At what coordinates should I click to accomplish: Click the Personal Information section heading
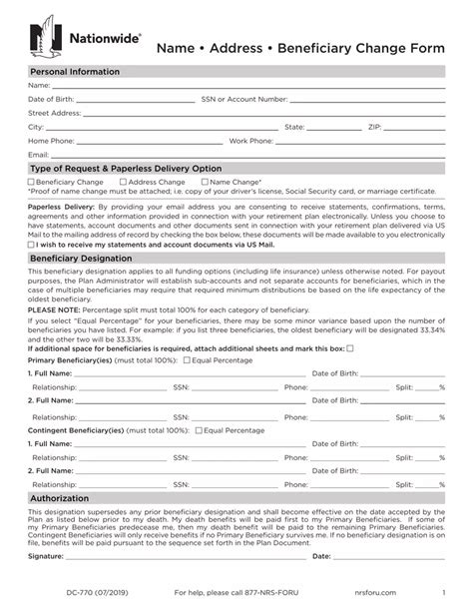click(75, 72)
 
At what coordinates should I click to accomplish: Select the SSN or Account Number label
click(244, 100)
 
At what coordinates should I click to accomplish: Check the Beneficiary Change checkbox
click(32, 183)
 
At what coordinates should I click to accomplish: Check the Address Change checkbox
click(123, 183)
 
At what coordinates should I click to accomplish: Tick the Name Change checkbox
click(205, 183)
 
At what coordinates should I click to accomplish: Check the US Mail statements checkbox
click(32, 244)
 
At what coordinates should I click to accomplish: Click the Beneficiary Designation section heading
click(81, 259)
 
